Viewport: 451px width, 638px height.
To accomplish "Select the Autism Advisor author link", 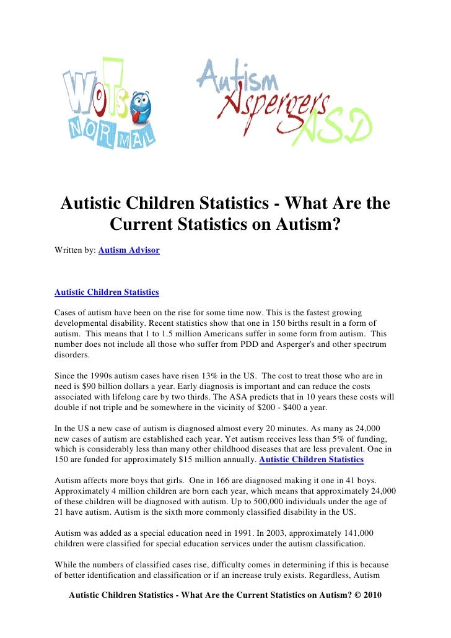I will (129, 250).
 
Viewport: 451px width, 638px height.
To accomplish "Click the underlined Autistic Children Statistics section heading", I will (107, 292).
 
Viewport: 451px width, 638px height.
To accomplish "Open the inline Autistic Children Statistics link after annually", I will (311, 460).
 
